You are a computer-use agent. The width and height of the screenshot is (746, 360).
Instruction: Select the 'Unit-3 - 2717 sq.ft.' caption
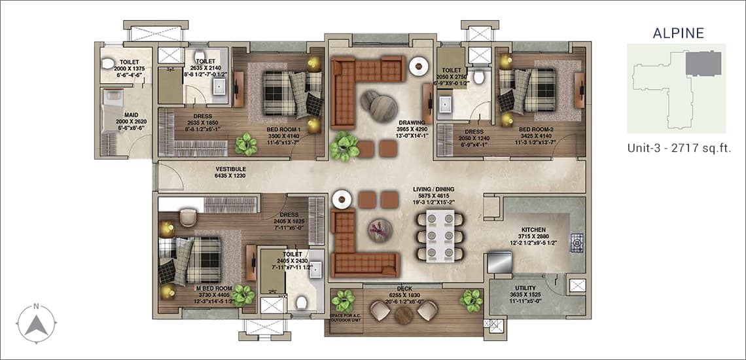(x=678, y=149)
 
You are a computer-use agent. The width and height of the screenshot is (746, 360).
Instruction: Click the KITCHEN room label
(x=533, y=230)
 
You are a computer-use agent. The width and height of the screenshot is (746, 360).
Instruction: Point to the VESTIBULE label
(x=232, y=169)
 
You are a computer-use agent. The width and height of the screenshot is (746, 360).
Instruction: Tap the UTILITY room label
(x=525, y=288)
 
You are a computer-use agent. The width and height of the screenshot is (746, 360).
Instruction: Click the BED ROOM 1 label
(x=283, y=130)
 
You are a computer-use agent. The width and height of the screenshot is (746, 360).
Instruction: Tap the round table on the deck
(x=404, y=314)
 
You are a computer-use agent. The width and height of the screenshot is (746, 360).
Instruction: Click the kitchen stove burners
(x=578, y=243)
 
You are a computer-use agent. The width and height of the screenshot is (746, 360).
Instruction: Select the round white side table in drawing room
(x=419, y=65)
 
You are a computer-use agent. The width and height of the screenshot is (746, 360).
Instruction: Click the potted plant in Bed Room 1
(x=247, y=143)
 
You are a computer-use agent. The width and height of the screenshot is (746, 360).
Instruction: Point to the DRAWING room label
(x=412, y=122)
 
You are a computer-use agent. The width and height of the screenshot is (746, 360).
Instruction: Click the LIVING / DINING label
(x=430, y=190)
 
